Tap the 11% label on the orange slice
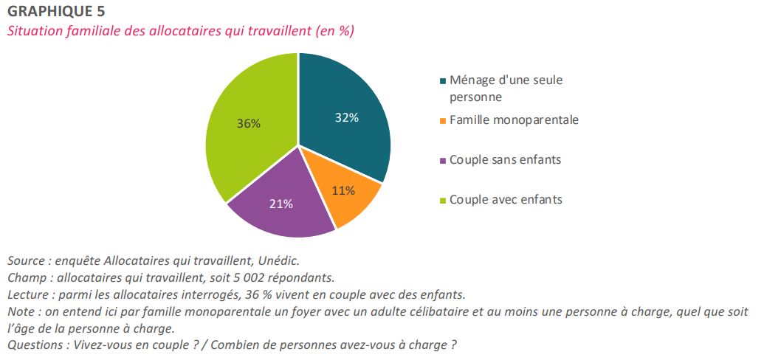[343, 190]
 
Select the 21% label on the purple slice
[281, 204]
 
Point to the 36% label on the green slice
[248, 123]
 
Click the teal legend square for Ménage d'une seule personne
[442, 80]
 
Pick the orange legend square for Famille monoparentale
[442, 120]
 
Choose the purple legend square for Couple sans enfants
[442, 160]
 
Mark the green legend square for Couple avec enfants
[442, 200]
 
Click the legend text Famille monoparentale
[514, 120]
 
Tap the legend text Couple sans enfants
[505, 159]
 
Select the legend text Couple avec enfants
[506, 199]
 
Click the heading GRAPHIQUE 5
[56, 11]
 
